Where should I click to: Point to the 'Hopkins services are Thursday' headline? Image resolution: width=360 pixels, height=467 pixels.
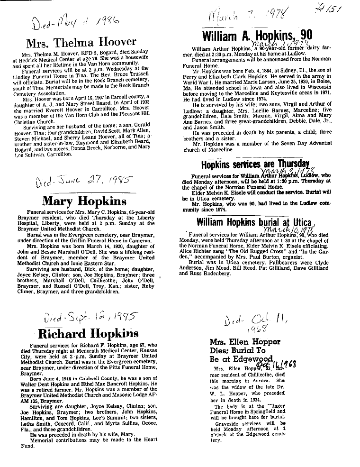tap(255, 164)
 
